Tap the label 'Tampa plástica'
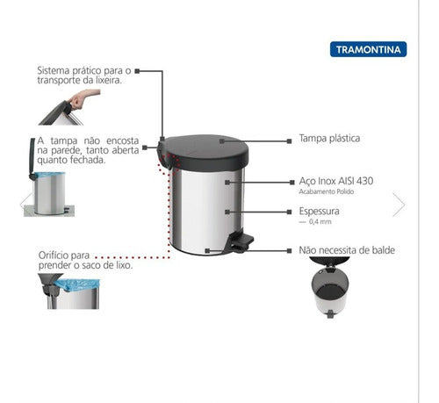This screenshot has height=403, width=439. [x=330, y=139]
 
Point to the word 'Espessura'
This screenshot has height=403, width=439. [x=319, y=212]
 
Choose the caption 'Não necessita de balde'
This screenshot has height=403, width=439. [x=347, y=250]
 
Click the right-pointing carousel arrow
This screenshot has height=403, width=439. [x=399, y=205]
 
